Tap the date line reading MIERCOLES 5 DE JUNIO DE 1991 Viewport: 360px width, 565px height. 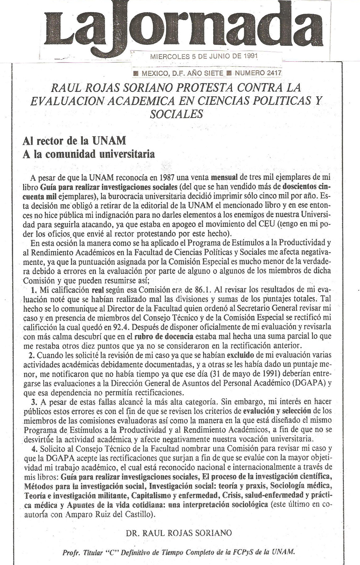(204, 57)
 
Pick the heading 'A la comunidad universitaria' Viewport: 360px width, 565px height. (89, 154)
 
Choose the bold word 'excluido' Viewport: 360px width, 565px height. (241, 354)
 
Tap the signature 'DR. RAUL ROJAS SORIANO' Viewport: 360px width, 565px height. (179, 533)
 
